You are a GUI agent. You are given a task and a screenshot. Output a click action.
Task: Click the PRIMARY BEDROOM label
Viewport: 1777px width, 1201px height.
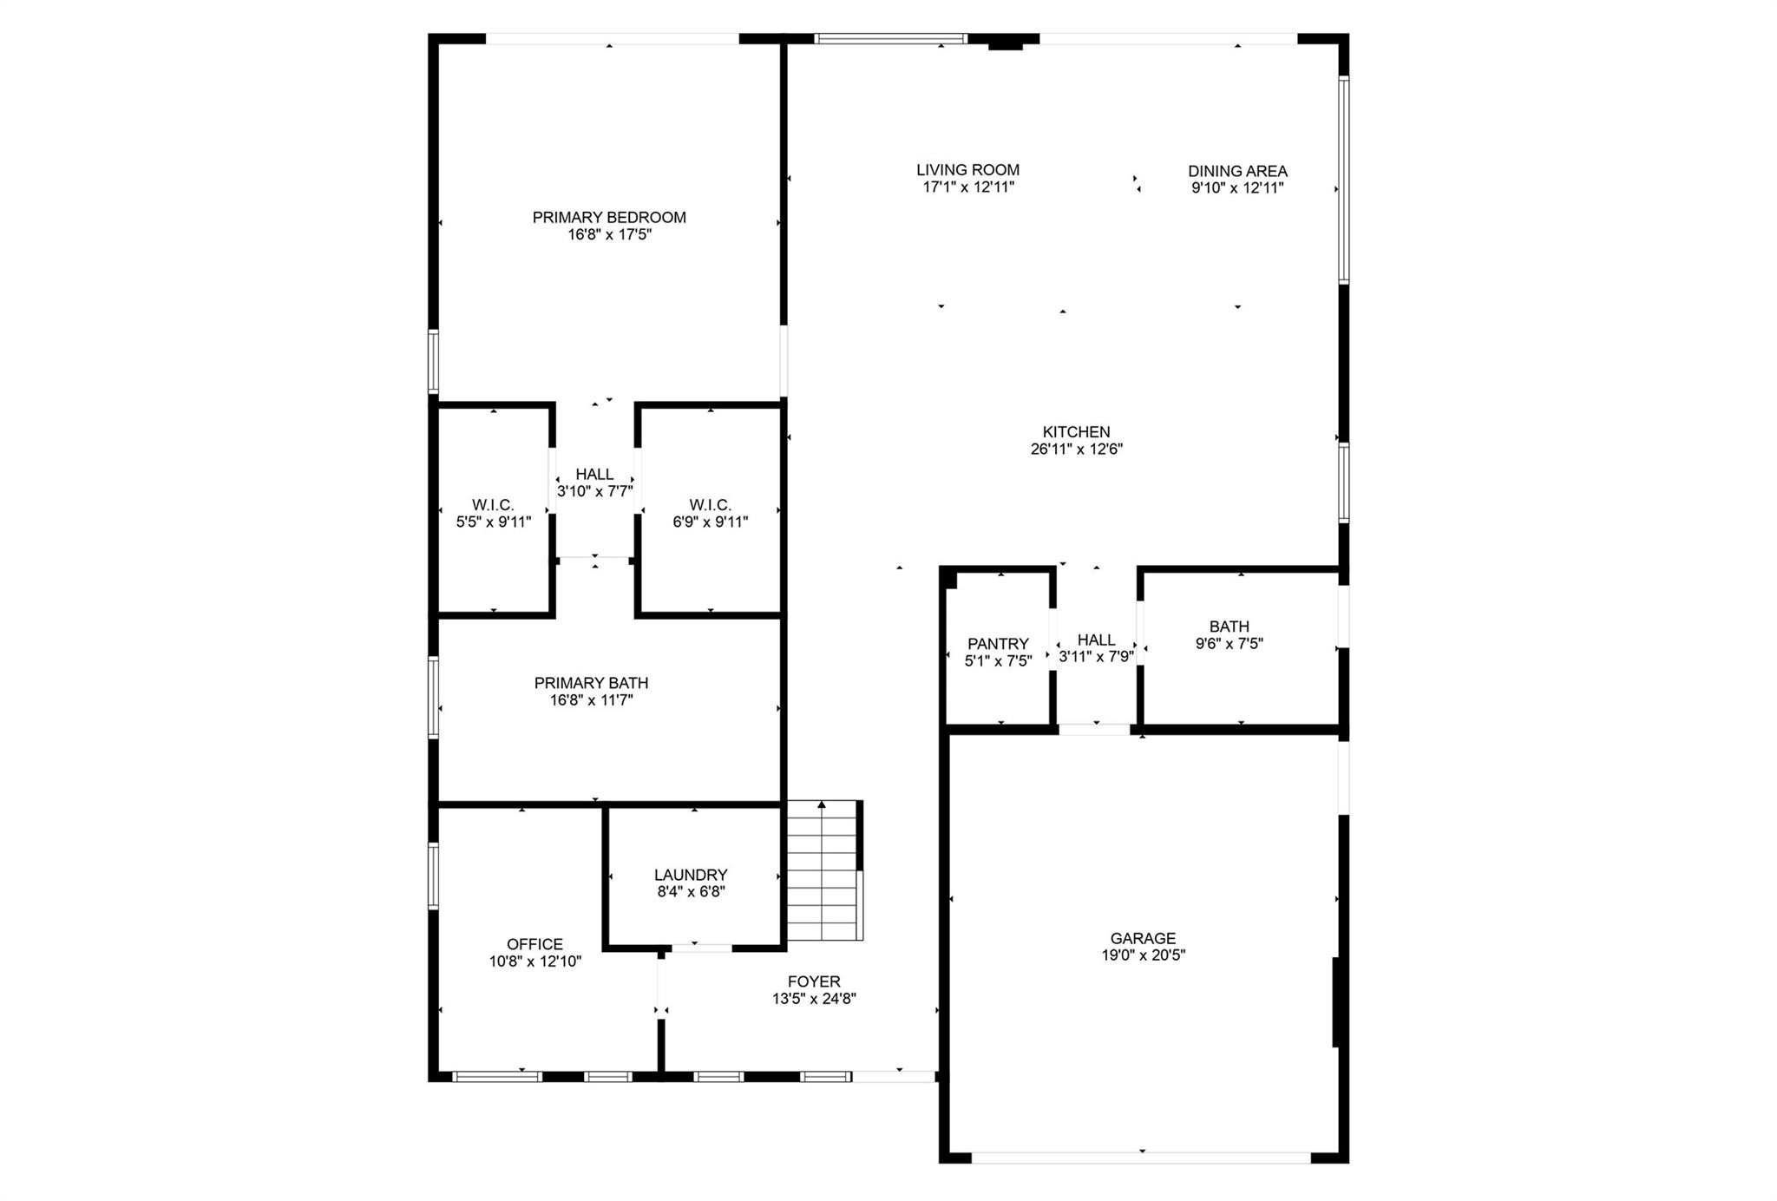609,217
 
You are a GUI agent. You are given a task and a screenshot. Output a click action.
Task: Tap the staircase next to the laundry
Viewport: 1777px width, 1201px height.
823,872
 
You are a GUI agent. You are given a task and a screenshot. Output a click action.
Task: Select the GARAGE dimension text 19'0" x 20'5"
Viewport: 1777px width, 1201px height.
1143,955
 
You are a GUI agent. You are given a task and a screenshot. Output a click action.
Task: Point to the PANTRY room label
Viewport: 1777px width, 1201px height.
998,644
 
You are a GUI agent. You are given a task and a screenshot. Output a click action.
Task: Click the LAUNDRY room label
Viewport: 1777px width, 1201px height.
691,875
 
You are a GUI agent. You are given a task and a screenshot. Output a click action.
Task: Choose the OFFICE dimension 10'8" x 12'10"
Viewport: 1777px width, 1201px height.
535,961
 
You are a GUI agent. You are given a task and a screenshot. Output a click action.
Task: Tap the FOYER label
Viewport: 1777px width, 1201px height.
814,981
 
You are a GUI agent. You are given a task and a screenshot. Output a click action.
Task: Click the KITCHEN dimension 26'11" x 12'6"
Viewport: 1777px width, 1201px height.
1076,450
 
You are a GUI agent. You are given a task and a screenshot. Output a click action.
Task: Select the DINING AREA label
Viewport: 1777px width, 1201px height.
1237,171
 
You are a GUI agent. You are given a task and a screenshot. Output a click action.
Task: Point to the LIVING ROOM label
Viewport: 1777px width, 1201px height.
967,170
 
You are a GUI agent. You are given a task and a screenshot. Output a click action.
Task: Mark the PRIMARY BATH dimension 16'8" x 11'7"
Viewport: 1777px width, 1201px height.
591,700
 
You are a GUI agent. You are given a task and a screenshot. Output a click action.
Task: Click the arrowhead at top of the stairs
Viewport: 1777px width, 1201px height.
822,805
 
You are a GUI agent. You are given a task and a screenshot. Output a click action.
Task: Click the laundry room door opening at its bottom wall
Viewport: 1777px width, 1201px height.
701,948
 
